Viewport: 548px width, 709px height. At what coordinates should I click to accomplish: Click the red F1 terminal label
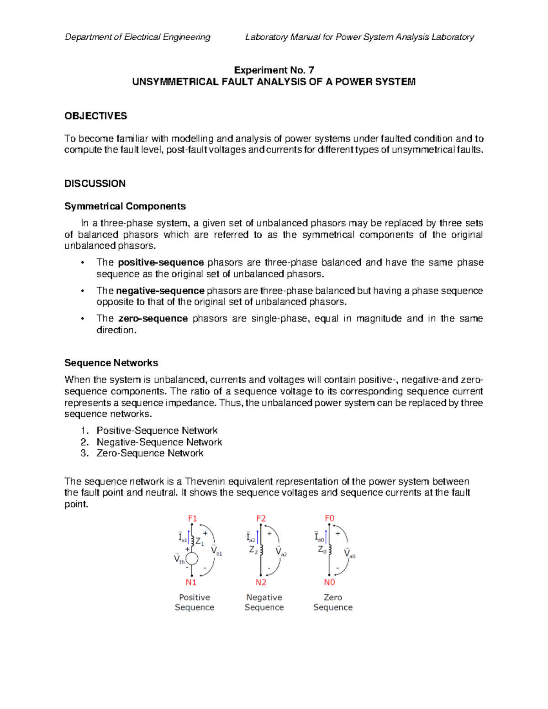tap(192, 518)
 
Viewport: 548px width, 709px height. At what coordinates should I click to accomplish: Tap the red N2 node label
tap(261, 582)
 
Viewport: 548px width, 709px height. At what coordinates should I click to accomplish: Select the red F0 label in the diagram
tap(329, 518)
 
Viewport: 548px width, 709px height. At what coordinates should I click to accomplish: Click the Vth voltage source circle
tap(192, 558)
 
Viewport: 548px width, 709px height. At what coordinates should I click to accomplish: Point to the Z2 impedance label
tap(253, 550)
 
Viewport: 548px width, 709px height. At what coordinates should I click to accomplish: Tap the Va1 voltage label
tap(216, 551)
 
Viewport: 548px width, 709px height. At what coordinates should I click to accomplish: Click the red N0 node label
tap(329, 582)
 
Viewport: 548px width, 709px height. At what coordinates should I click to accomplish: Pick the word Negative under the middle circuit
tap(264, 597)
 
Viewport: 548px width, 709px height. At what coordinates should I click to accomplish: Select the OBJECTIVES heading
tap(95, 116)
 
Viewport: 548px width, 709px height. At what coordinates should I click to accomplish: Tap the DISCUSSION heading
tap(95, 184)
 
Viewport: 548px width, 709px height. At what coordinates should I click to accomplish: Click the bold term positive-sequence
tap(161, 263)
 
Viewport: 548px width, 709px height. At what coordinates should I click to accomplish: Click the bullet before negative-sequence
tap(82, 291)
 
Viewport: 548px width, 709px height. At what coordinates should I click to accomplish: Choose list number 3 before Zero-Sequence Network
tap(84, 453)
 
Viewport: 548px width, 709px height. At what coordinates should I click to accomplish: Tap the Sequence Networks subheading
tap(111, 363)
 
